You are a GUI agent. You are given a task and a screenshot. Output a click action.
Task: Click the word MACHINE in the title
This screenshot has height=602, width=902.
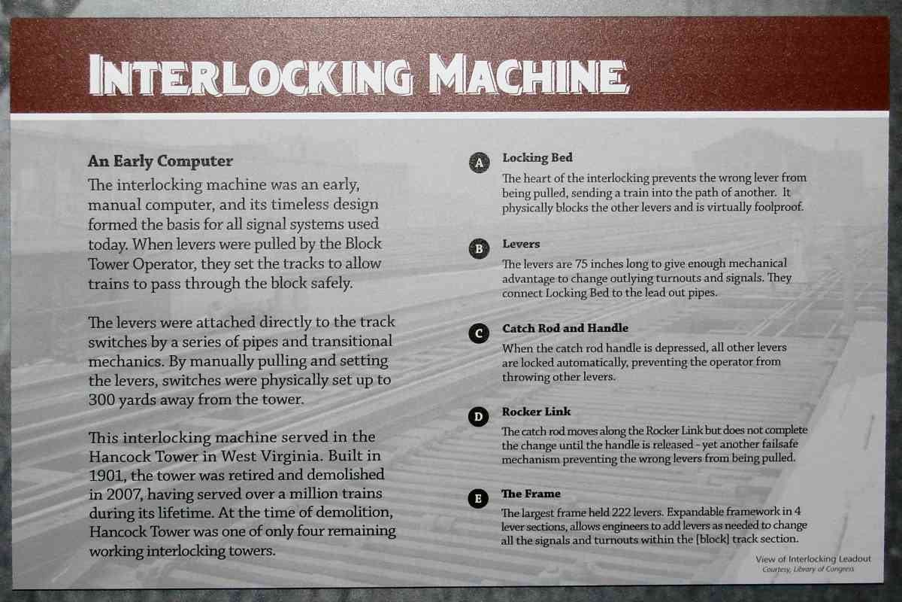click(x=528, y=74)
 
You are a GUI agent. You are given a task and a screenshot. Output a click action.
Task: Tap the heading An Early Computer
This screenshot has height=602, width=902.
click(x=160, y=161)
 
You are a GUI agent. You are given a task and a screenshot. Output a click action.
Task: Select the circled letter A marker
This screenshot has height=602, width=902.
click(x=480, y=163)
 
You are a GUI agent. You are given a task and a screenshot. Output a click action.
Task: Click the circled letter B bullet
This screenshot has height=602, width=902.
click(x=480, y=248)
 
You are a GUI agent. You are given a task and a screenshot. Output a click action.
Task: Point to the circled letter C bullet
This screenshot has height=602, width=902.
click(x=479, y=333)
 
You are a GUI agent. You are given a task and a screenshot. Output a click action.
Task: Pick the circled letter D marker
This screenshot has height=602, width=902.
click(x=478, y=416)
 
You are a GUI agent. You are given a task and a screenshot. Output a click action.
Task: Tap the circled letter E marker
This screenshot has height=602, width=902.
click(x=478, y=498)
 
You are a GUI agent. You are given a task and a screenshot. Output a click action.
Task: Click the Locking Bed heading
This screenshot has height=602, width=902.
click(x=537, y=158)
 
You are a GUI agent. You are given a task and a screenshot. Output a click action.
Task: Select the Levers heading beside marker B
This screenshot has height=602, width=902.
click(x=521, y=244)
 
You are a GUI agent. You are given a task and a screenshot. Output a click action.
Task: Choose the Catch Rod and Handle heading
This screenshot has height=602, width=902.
click(x=565, y=328)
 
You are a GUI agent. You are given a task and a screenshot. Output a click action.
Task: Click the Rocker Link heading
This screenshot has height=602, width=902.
click(x=536, y=412)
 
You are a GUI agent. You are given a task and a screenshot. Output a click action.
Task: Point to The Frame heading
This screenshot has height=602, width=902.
click(x=531, y=494)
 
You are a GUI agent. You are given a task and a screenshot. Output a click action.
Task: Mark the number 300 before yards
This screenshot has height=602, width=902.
click(x=101, y=400)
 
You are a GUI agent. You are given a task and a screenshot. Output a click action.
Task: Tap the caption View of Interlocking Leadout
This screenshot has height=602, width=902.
click(x=813, y=559)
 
